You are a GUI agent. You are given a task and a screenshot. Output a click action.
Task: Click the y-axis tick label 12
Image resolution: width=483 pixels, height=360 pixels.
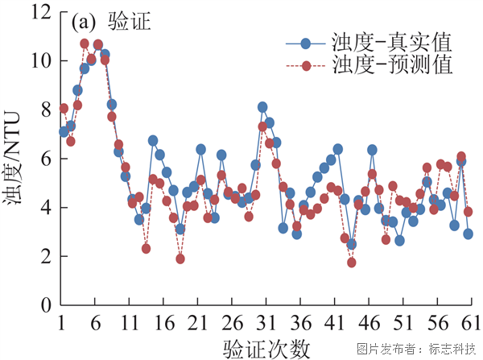click(41, 13)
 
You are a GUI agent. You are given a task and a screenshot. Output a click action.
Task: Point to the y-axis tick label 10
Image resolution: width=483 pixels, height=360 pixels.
click(41, 61)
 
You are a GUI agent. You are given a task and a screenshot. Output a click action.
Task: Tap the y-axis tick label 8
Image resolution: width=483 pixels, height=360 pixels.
click(46, 110)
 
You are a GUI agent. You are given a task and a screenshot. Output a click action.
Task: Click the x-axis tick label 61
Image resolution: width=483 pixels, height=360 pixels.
click(467, 324)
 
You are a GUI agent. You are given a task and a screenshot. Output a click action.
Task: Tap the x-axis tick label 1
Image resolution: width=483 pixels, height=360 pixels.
click(61, 324)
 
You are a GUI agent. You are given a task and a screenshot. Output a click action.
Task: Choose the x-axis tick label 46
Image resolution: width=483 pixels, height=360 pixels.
click(366, 324)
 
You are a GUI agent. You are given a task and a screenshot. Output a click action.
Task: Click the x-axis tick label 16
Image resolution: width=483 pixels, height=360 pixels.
click(163, 324)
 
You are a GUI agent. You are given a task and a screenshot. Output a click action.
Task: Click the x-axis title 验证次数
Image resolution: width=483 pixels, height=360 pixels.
click(266, 348)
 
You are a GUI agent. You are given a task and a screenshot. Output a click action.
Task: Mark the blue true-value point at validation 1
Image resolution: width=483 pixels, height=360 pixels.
click(64, 131)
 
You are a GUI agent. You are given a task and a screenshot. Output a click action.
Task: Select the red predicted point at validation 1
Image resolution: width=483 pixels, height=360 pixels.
click(64, 108)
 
